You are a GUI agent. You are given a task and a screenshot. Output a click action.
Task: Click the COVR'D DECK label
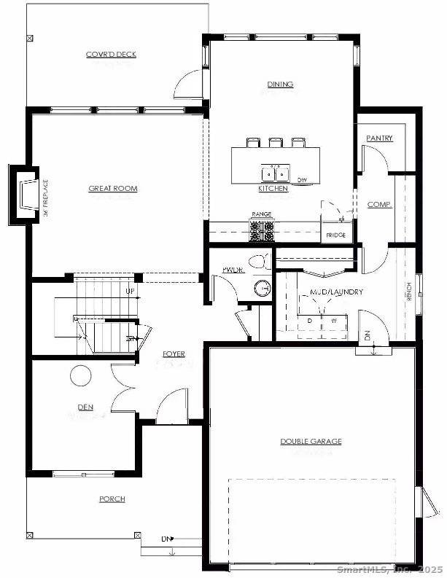tap(111, 55)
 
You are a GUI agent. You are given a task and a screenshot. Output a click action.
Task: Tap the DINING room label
tap(280, 85)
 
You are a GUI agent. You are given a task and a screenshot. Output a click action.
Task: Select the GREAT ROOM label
tap(113, 189)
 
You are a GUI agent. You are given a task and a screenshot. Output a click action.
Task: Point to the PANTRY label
tap(379, 138)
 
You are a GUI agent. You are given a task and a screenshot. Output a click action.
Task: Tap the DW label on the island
tap(302, 179)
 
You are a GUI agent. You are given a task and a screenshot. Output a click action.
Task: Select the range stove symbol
tap(262, 231)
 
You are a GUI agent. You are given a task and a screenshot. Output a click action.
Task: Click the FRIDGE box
tap(335, 235)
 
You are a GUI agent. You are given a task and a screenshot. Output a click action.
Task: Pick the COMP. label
tap(379, 205)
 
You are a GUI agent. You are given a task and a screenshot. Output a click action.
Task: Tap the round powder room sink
tap(263, 289)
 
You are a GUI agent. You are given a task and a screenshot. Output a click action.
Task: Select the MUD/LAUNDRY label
tap(336, 292)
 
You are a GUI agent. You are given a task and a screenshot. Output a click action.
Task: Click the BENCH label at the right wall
tap(410, 292)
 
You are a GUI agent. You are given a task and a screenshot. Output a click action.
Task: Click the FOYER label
tap(174, 354)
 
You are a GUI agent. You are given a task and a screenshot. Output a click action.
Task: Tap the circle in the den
tap(80, 376)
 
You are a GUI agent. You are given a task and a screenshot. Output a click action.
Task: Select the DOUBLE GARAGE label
tap(311, 441)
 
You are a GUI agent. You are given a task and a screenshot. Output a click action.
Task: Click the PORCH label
tap(112, 499)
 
